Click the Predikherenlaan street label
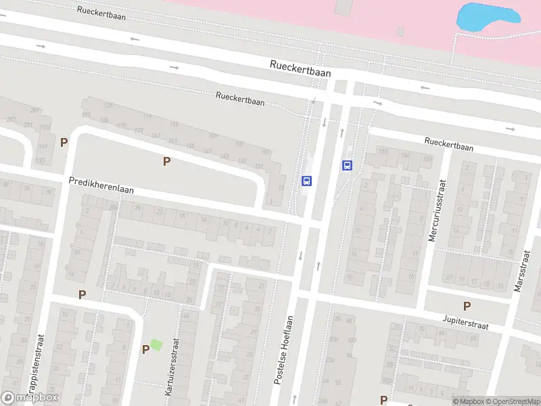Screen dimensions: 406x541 tap(101, 185)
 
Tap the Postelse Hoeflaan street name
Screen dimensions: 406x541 tap(285, 351)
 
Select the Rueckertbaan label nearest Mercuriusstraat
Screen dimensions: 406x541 tap(449, 144)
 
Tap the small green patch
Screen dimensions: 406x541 tap(156, 344)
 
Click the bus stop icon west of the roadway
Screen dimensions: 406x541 tap(306, 181)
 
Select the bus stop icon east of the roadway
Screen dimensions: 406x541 tap(348, 164)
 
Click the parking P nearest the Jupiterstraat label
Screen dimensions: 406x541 tap(467, 306)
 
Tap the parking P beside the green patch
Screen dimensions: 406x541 tap(145, 349)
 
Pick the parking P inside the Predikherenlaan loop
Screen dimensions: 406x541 tap(166, 161)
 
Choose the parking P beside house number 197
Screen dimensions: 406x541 tap(64, 142)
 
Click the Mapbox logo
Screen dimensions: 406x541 tap(30, 398)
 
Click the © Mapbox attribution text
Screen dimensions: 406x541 tap(469, 401)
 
